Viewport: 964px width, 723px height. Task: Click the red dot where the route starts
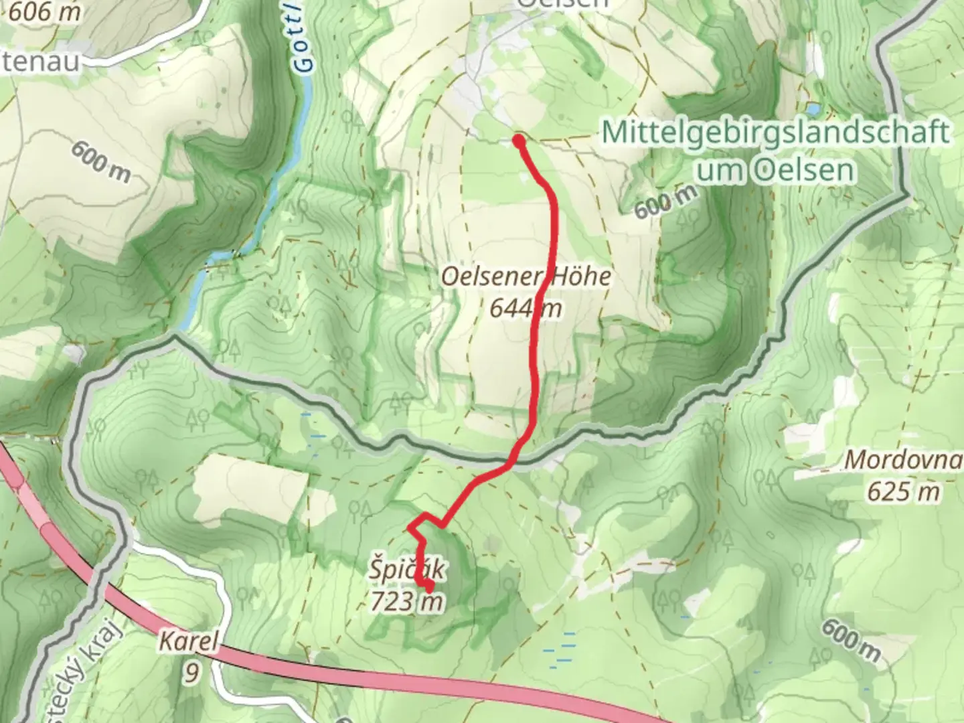519,141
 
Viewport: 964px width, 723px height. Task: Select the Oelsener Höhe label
526,276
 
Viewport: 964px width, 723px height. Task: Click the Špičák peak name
406,570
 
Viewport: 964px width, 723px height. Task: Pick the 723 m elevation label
406,602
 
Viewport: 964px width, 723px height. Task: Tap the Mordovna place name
903,460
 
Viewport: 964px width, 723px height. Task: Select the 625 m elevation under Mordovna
903,492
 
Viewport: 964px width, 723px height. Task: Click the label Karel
188,642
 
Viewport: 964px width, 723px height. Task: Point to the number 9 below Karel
191,672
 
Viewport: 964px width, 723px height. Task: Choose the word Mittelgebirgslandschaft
775,132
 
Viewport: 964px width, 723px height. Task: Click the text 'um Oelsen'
775,170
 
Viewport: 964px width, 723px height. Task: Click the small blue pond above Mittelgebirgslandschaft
812,107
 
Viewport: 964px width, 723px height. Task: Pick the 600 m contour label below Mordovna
850,641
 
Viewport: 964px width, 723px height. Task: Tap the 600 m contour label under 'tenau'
102,161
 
